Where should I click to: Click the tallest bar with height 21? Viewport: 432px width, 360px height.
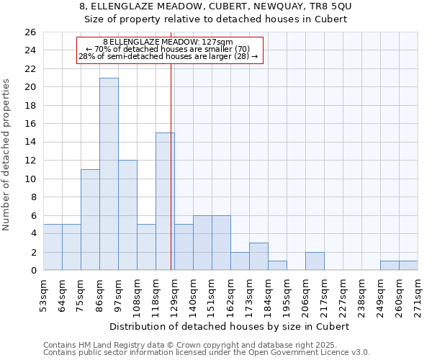pyautogui.click(x=109, y=174)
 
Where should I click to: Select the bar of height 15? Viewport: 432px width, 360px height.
pyautogui.click(x=165, y=202)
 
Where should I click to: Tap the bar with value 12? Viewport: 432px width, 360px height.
pyautogui.click(x=127, y=215)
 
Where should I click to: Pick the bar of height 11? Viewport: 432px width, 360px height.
pyautogui.click(x=90, y=220)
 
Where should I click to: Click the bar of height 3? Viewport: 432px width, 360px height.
pyautogui.click(x=258, y=256)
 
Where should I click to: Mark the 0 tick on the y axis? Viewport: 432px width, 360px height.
pyautogui.click(x=32, y=270)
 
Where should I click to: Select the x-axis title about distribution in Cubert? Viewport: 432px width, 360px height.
pyautogui.click(x=230, y=326)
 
